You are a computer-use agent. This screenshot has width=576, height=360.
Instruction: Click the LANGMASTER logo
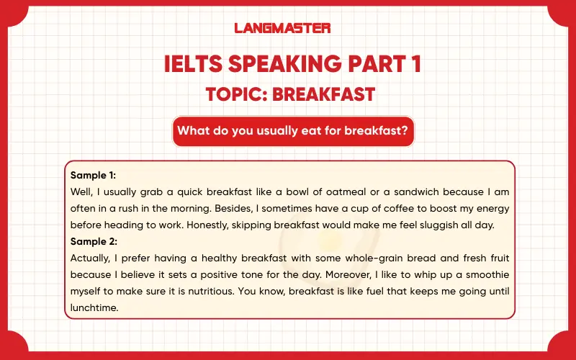tap(282, 28)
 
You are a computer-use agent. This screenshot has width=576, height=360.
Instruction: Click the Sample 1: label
tap(94, 175)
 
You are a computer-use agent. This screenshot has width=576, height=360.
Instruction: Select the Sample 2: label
tap(94, 241)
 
